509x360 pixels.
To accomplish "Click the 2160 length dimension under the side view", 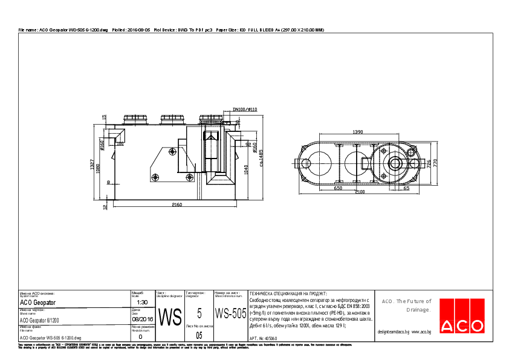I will point(177,205).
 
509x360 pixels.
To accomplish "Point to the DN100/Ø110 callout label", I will point(245,110).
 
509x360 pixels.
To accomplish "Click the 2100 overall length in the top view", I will point(359,192).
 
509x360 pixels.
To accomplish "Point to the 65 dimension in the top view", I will point(406,188).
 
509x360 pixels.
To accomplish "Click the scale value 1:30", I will point(143,302).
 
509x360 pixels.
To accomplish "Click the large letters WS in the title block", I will point(170,316).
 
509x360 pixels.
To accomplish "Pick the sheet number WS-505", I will point(230,313).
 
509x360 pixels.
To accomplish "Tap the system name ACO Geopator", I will point(38,302).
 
